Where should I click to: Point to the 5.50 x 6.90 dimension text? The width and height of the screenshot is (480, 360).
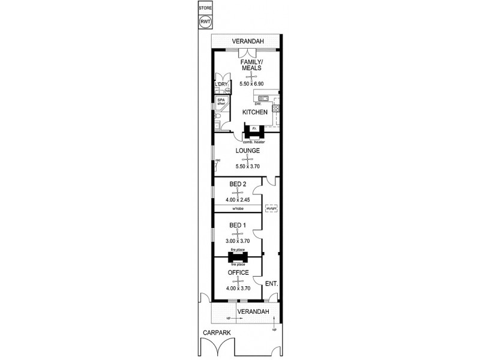(251, 83)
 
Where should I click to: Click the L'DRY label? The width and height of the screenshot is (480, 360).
(220, 84)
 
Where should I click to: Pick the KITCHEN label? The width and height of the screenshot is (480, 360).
(254, 112)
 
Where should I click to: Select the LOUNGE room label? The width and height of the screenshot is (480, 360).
(247, 151)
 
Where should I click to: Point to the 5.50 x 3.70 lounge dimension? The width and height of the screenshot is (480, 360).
(247, 166)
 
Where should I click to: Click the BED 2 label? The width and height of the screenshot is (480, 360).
(238, 184)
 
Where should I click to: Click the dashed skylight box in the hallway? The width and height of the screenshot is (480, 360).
(271, 208)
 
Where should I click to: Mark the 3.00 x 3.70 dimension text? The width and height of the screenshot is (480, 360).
(238, 241)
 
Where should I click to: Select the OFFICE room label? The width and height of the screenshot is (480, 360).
(238, 272)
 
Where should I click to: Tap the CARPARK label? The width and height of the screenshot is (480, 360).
(213, 331)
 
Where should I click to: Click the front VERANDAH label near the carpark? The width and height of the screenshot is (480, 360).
(251, 311)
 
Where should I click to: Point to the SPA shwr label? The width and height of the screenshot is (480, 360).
(221, 101)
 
